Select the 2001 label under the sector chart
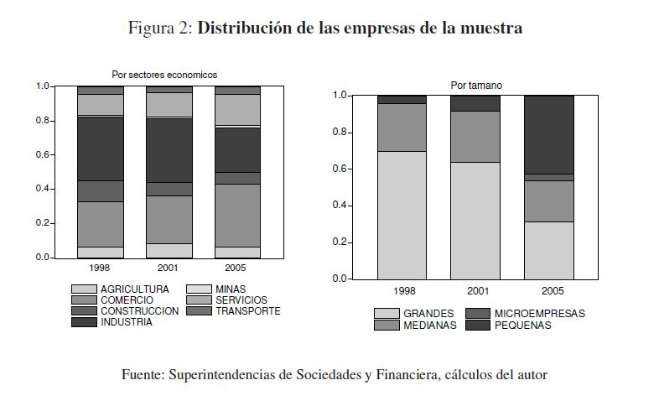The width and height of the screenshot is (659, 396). pyautogui.click(x=169, y=268)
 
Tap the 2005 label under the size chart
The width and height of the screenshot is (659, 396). pyautogui.click(x=549, y=290)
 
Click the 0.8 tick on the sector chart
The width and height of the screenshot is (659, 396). pyautogui.click(x=43, y=121)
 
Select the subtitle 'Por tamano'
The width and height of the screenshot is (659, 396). pyautogui.click(x=476, y=85)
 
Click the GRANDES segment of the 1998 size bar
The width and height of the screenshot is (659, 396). pyautogui.click(x=402, y=215)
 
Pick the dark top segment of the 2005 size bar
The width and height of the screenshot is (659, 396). pyautogui.click(x=549, y=134)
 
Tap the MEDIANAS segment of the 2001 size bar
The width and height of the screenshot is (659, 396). pyautogui.click(x=475, y=137)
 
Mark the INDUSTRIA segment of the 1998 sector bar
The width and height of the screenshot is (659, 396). pyautogui.click(x=100, y=148)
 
